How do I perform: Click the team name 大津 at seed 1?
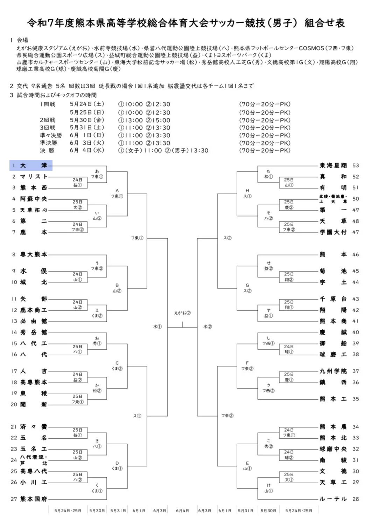click(x=33, y=165)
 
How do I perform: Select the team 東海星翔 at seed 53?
click(x=333, y=165)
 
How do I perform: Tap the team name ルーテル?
click(x=333, y=499)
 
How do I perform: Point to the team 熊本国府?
click(x=34, y=499)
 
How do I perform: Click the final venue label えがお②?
click(x=182, y=313)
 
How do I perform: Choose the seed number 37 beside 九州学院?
click(x=356, y=371)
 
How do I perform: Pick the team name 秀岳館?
click(x=34, y=332)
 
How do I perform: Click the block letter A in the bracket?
click(x=117, y=191)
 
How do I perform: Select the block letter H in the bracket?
click(x=247, y=191)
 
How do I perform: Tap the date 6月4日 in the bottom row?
click(x=182, y=511)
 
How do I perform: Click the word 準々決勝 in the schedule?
click(x=51, y=135)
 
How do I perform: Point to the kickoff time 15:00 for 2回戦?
click(x=161, y=120)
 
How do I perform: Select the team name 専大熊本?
click(x=34, y=254)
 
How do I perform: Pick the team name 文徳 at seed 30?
click(x=333, y=471)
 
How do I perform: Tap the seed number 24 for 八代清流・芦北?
click(x=14, y=460)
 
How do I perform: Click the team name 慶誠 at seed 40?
click(x=333, y=332)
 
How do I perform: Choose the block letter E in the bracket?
click(x=247, y=463)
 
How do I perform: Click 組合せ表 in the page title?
click(x=324, y=23)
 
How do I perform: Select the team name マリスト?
click(x=34, y=177)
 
